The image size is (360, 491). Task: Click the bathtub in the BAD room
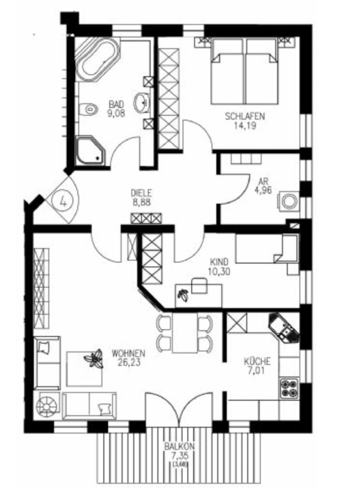pyautogui.click(x=97, y=59)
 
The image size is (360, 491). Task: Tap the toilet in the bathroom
pyautogui.click(x=88, y=109)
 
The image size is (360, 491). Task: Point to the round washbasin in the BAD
pyautogui.click(x=142, y=102)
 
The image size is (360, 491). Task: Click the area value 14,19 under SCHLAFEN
pyautogui.click(x=245, y=126)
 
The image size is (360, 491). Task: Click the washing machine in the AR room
pyautogui.click(x=288, y=201)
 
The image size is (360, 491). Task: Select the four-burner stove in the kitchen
pyautogui.click(x=289, y=389)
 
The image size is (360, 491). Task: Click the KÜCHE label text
pyautogui.click(x=257, y=361)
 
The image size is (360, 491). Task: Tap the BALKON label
pyautogui.click(x=180, y=446)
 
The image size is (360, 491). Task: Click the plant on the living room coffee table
pyautogui.click(x=93, y=358)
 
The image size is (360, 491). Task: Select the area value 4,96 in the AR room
pyautogui.click(x=263, y=190)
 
